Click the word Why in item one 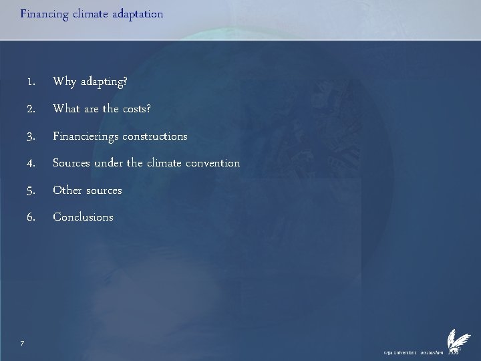[x=65, y=82]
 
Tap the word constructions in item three [x=155, y=136]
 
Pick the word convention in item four [x=211, y=163]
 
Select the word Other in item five [x=67, y=191]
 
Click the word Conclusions [x=84, y=217]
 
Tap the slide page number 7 [x=23, y=343]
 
